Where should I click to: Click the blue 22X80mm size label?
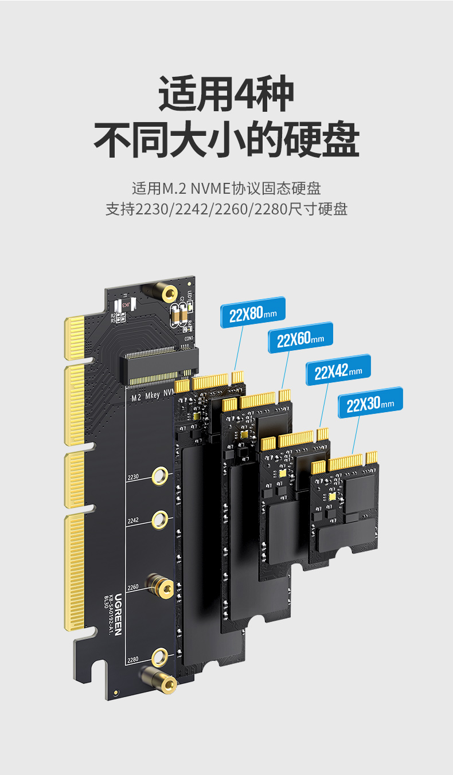[253, 312]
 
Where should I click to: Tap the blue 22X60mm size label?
[300, 338]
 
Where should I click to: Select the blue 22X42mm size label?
[338, 370]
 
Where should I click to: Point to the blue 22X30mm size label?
[370, 403]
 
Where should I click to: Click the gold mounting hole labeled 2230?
[161, 476]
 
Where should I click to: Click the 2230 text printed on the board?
[133, 477]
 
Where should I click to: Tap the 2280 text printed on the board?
[133, 660]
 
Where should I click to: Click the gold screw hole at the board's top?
[169, 295]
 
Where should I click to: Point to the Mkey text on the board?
[152, 396]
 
